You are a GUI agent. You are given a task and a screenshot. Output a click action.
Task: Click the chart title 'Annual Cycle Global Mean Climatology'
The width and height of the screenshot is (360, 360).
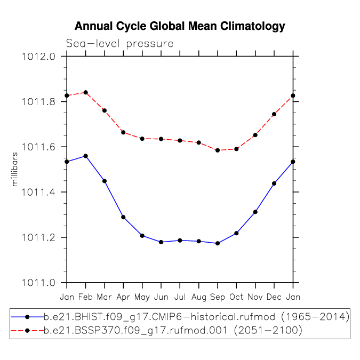(x=180, y=27)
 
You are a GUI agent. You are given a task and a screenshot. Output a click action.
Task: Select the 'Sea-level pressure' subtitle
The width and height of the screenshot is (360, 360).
(x=119, y=44)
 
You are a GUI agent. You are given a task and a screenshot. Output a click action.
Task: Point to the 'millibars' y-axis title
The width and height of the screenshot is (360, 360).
(x=14, y=169)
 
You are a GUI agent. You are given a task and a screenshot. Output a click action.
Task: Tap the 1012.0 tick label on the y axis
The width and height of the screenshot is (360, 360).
(x=38, y=57)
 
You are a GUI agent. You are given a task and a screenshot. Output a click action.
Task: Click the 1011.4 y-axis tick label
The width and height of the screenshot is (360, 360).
(x=38, y=192)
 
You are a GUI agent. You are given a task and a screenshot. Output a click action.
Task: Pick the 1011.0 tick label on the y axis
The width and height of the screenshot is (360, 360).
(x=38, y=283)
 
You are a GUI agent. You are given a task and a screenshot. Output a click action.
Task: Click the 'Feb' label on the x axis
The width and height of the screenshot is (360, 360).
(x=85, y=297)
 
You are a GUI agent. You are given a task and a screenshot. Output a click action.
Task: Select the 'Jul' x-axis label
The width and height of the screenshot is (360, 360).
(x=180, y=297)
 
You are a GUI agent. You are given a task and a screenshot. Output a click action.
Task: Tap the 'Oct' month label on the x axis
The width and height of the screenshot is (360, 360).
(x=236, y=297)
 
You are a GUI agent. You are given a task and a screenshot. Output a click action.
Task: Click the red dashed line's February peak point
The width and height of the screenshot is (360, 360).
(x=86, y=92)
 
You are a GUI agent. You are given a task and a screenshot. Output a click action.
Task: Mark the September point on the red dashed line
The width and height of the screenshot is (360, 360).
(x=218, y=150)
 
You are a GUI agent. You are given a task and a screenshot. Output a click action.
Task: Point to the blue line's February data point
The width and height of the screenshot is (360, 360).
(x=86, y=156)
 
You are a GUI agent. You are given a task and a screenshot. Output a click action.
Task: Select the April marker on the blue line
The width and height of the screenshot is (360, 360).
(x=123, y=217)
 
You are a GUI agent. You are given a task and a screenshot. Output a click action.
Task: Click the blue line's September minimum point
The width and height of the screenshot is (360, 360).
(x=218, y=243)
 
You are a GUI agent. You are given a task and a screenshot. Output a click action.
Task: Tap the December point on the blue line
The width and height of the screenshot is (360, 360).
(x=274, y=183)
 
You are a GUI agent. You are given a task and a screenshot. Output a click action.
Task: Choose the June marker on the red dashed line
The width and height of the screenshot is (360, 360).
(x=161, y=139)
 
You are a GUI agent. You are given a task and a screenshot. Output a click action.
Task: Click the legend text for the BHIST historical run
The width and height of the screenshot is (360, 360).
(x=196, y=317)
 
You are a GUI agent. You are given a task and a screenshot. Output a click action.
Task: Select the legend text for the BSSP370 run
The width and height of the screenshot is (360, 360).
(x=173, y=331)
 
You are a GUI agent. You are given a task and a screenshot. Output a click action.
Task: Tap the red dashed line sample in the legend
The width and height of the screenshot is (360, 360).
(x=27, y=331)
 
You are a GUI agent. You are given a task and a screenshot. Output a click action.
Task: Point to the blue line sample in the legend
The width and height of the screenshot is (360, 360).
(x=27, y=317)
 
